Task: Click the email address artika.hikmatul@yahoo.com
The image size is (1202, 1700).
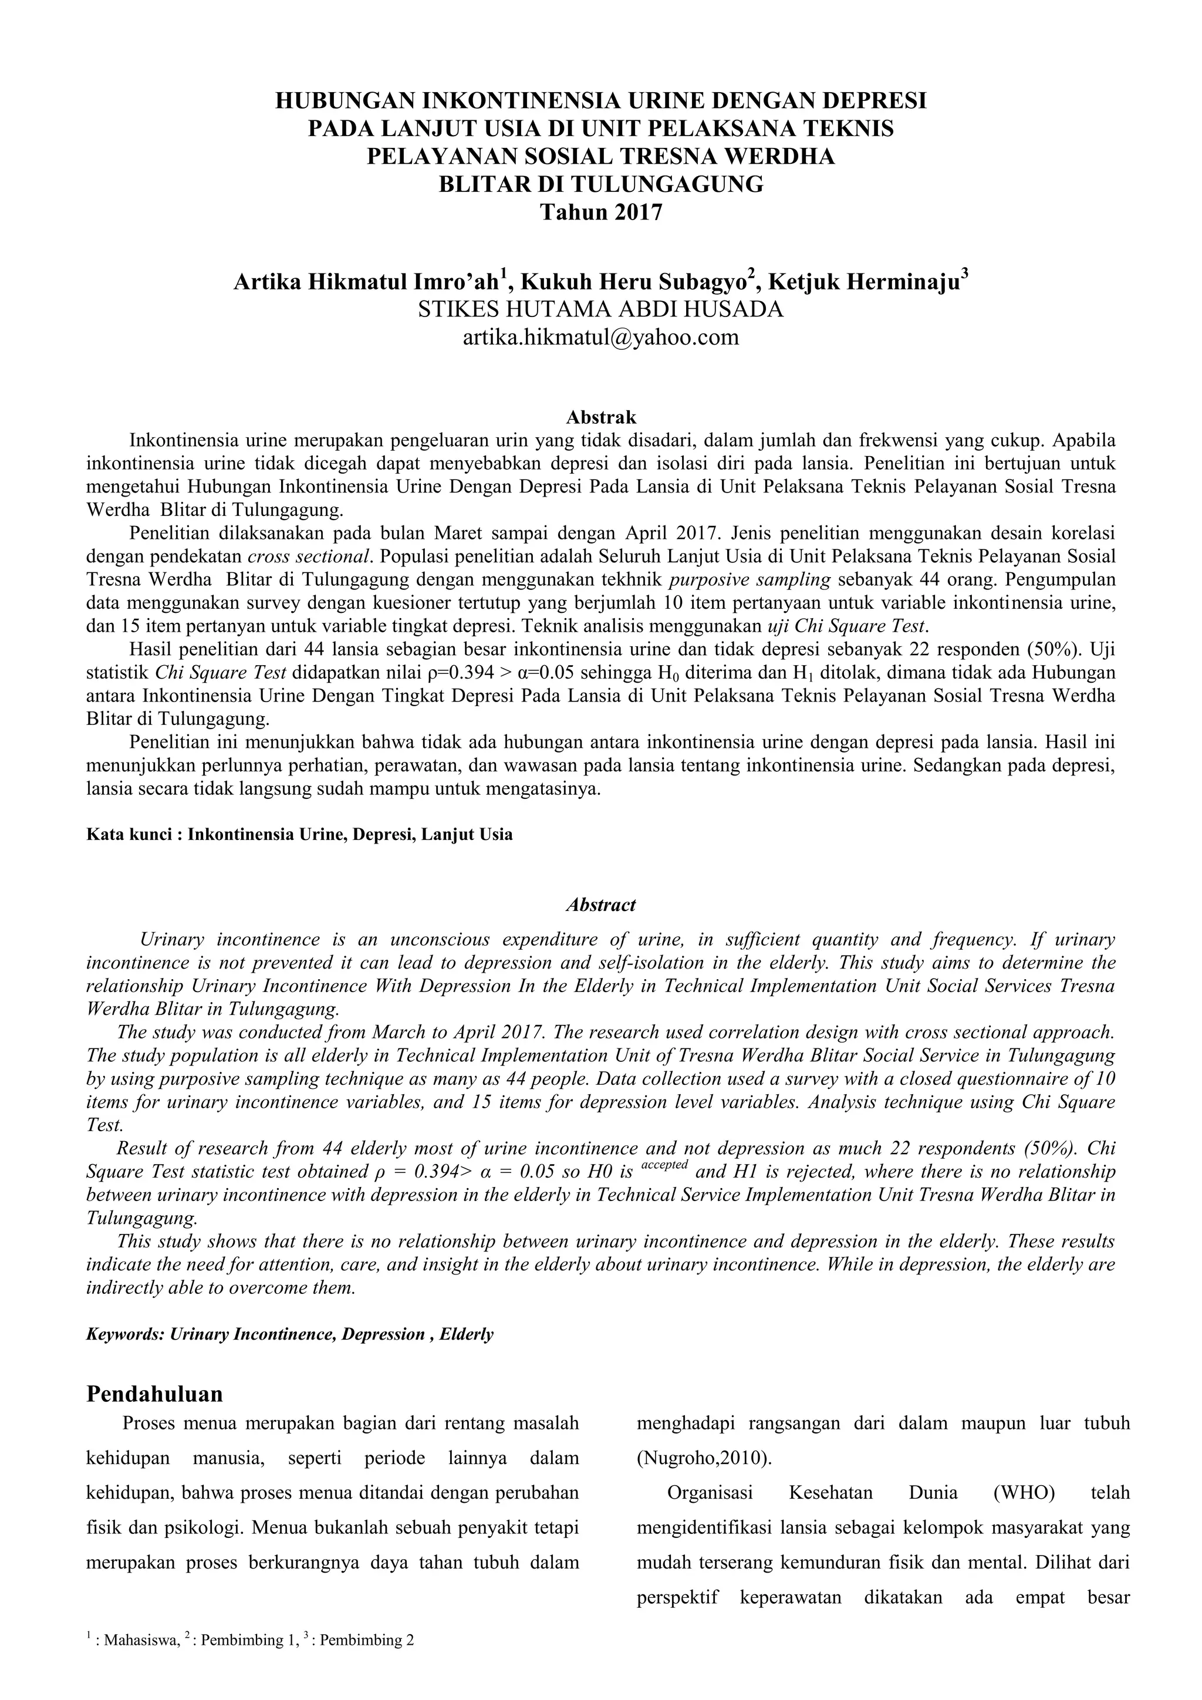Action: (600, 338)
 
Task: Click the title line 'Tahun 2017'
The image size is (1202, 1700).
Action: (600, 212)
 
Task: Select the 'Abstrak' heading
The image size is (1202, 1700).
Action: (600, 417)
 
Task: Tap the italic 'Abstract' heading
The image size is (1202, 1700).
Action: (600, 905)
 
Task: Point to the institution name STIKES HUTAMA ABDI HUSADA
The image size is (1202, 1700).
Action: (600, 309)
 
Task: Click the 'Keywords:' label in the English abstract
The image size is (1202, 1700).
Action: (125, 1334)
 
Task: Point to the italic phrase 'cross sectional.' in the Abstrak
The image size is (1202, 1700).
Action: (309, 556)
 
